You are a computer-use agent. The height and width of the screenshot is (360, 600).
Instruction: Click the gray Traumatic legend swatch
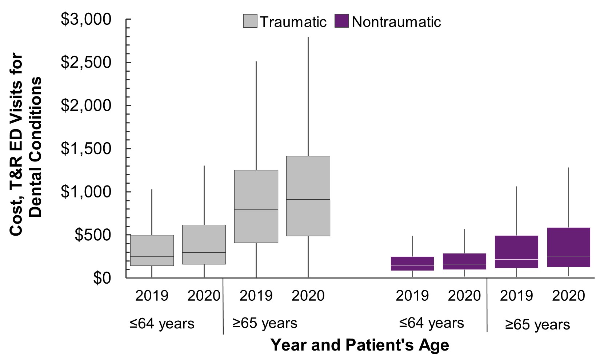point(250,21)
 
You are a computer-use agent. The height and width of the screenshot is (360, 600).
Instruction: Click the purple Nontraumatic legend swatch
point(342,21)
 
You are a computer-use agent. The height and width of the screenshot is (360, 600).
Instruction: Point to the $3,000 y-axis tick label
point(86,19)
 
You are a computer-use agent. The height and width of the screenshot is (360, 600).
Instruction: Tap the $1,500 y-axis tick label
point(86,149)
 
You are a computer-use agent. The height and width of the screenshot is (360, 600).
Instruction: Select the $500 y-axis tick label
point(93,235)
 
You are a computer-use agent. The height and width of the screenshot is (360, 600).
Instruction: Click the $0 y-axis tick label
point(102,278)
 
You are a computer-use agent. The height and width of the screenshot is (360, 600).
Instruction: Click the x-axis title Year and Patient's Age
point(360,345)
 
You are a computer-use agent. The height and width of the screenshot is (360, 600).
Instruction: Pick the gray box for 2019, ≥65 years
point(256,189)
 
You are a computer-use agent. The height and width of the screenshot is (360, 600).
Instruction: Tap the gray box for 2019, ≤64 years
point(152,247)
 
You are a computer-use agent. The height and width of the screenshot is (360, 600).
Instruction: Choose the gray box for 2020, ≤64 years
point(204,240)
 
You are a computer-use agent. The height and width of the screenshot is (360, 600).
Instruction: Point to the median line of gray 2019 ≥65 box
point(256,209)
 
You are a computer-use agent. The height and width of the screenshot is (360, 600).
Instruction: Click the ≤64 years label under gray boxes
point(162,323)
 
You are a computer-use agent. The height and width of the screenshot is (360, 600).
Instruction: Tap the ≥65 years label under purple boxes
point(537,324)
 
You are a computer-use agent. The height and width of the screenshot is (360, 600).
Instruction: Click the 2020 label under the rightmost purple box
point(568,296)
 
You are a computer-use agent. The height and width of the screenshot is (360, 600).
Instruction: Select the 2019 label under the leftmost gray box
point(152,296)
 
